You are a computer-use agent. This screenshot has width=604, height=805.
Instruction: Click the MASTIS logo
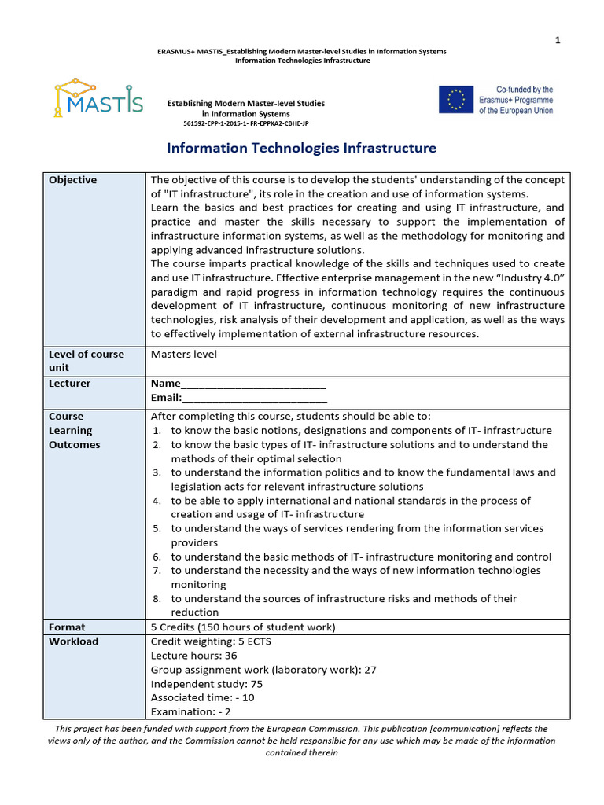point(98,97)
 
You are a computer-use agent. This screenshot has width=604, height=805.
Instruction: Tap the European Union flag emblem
point(456,100)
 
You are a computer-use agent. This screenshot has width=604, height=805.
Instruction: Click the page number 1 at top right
point(558,41)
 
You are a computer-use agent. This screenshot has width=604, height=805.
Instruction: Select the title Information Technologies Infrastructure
point(301,148)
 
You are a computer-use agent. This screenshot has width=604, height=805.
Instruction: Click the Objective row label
point(73,180)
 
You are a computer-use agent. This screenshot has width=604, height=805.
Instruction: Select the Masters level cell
point(183,355)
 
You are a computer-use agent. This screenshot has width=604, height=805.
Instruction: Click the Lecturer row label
point(70,384)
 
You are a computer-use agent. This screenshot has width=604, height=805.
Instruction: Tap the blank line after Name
point(253,384)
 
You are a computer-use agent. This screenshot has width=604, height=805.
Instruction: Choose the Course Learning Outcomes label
point(75,431)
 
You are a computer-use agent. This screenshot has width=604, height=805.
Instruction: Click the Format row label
point(67,627)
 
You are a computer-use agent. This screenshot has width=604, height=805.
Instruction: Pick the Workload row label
point(74,641)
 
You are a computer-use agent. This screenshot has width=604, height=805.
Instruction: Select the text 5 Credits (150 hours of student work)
point(242,627)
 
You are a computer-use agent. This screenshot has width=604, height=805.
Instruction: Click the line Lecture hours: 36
point(193,656)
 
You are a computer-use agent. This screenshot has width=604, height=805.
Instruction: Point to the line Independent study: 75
point(206,684)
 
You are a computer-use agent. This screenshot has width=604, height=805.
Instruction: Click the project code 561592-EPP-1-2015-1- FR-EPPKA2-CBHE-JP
point(245,124)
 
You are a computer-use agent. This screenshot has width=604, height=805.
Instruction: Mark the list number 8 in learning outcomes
point(157,599)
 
